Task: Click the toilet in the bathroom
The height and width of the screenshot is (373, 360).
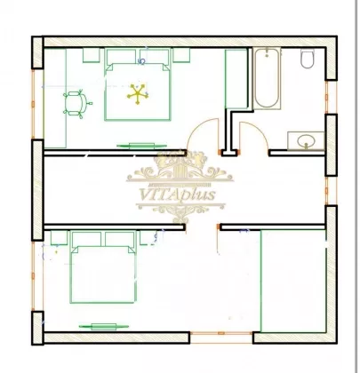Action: pos(308,59)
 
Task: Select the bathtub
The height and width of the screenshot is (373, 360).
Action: pos(267,78)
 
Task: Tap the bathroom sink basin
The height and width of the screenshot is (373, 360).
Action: pos(306,141)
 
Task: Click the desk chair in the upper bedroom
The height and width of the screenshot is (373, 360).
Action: pos(76,103)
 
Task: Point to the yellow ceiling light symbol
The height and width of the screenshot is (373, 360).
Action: pos(138,94)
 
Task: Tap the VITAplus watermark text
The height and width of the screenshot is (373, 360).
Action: pos(177,195)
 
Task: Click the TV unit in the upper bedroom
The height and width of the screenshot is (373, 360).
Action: pos(141,146)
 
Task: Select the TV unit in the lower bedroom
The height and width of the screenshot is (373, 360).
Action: pos(104,327)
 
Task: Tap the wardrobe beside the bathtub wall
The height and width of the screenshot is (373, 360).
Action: pos(236,79)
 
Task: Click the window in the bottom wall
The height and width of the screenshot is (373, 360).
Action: pos(221,333)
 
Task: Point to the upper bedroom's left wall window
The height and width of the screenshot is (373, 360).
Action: pos(33,104)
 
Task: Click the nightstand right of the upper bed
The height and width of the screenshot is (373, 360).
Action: pos(181,55)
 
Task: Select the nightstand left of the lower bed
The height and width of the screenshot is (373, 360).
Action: pos(60,238)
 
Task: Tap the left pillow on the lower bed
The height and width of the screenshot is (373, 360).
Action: pos(86,239)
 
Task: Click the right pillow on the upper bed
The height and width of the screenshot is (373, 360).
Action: pos(155,56)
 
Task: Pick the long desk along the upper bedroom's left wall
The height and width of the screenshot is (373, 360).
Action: pos(55,98)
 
